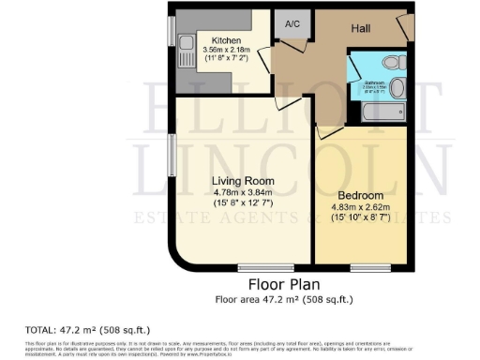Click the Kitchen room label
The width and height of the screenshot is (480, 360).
[x=227, y=41]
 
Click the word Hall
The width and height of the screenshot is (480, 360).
[x=360, y=30]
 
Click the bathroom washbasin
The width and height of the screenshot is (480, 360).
[x=397, y=89]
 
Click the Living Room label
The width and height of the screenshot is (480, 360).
[x=241, y=180]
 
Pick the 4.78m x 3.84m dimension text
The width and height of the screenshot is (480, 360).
[x=241, y=192]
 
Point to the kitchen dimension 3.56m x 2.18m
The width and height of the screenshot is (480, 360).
[x=227, y=52]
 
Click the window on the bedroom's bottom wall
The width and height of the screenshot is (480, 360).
[x=365, y=268]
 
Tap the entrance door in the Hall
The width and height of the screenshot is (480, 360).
[x=402, y=26]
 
